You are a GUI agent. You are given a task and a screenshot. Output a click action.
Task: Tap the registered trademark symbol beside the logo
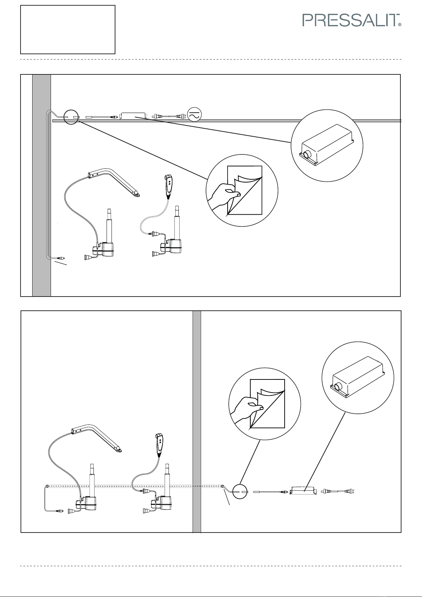pos(400,25)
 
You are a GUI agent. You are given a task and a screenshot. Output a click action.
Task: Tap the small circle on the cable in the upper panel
pos(71,117)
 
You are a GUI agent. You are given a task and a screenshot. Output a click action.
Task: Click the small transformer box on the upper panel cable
pos(133,116)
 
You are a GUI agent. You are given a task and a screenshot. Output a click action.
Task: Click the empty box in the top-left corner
pos(68,29)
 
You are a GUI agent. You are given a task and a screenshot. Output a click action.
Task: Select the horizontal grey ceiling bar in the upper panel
pos(248,121)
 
